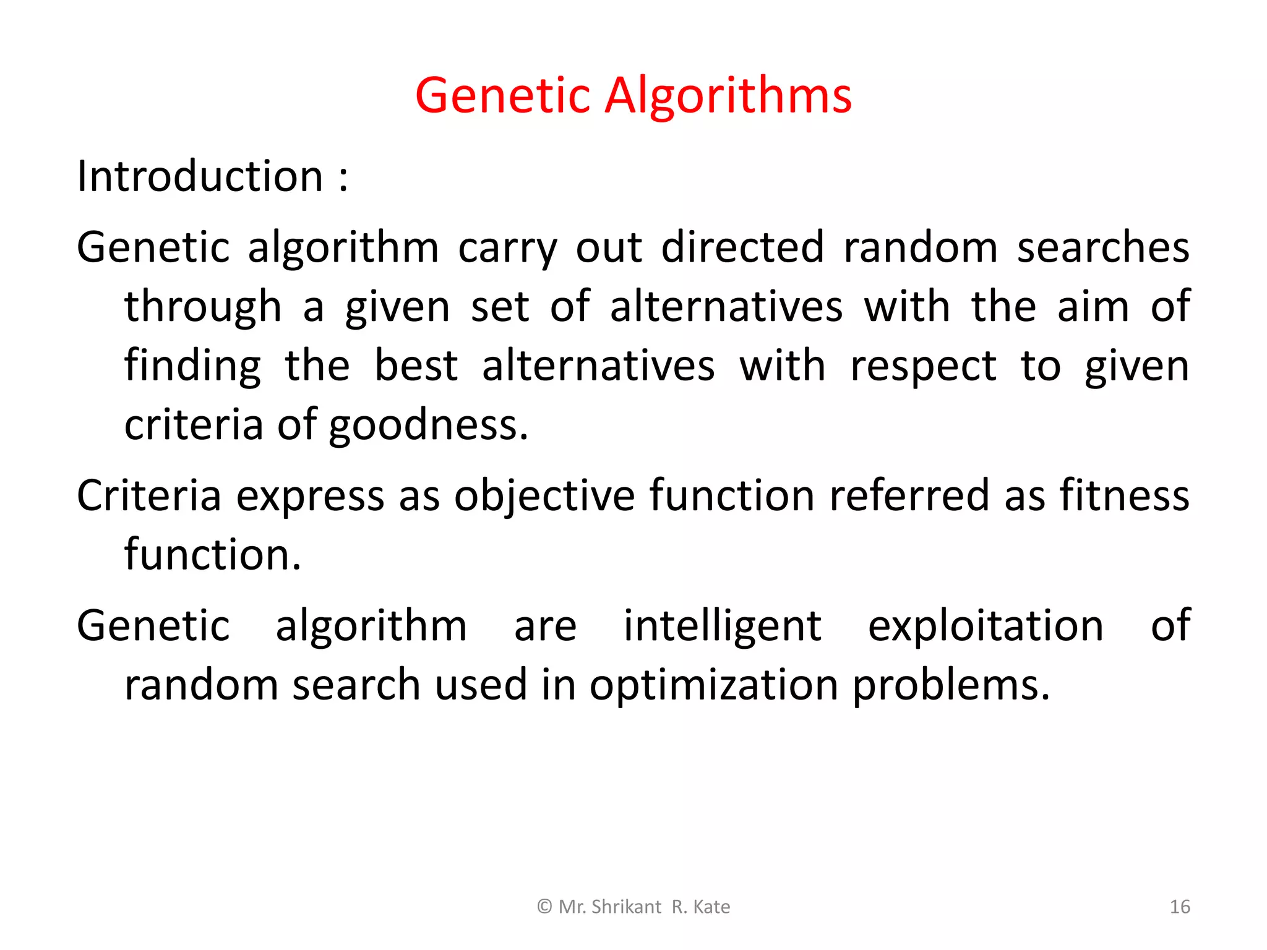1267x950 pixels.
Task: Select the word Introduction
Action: tap(200, 177)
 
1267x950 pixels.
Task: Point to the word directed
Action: tap(742, 247)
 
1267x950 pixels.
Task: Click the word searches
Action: tap(1103, 247)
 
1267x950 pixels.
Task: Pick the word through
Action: tap(203, 307)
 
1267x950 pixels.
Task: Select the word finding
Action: tap(192, 367)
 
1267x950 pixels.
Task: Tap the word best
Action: tap(416, 366)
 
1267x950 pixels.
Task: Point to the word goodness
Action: tap(428, 426)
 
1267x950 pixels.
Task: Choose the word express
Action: tap(310, 497)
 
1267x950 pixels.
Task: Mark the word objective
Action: tap(544, 497)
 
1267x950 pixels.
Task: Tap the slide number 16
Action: tap(1180, 907)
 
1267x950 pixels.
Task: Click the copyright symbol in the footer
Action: tap(544, 907)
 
